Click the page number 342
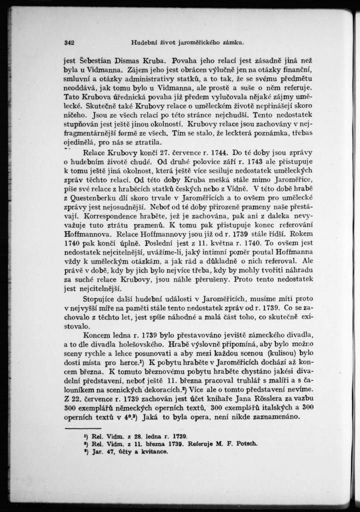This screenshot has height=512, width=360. [x=69, y=41]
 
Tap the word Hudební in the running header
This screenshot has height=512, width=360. [x=143, y=41]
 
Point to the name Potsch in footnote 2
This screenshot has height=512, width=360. [x=247, y=443]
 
